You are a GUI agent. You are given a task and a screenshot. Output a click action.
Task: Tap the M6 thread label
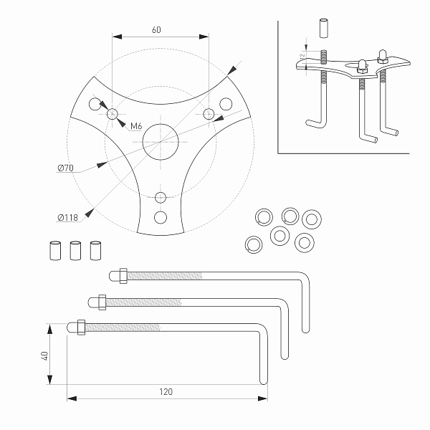(135, 127)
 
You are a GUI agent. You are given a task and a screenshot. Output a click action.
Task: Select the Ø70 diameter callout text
(66, 168)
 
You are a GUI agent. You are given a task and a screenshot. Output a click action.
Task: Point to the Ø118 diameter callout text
(69, 217)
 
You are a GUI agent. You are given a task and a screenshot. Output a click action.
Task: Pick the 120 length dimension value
(166, 392)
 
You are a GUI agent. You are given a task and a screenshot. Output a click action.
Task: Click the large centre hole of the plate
(160, 140)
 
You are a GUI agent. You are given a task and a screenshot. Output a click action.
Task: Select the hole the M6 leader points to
(112, 114)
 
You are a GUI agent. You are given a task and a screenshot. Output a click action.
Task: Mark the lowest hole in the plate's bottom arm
(160, 217)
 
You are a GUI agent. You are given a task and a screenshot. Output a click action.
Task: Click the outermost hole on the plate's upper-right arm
(226, 105)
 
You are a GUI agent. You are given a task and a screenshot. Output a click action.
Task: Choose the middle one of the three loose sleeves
(75, 250)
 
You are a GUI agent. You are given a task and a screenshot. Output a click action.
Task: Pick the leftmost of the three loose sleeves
(54, 250)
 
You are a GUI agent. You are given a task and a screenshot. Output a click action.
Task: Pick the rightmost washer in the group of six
(311, 219)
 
